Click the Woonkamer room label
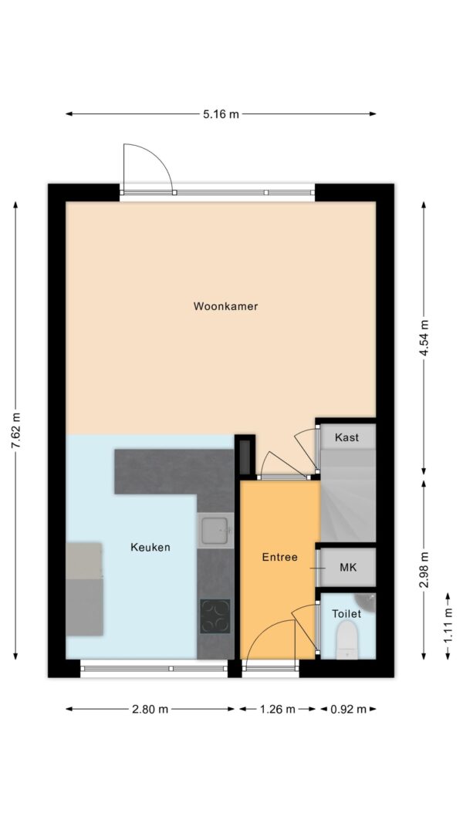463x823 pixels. point(225,306)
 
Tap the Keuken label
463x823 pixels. point(150,548)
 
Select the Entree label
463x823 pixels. point(279,557)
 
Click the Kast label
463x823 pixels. point(346,437)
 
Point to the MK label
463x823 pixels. point(348,568)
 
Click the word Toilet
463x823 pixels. point(346,614)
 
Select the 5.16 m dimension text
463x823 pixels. point(221,114)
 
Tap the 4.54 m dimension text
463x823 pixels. point(424,337)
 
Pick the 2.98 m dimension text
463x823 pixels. point(424,569)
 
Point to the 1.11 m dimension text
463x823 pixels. point(448,626)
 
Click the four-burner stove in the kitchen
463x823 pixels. point(215,616)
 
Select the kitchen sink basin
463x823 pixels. point(214,530)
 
